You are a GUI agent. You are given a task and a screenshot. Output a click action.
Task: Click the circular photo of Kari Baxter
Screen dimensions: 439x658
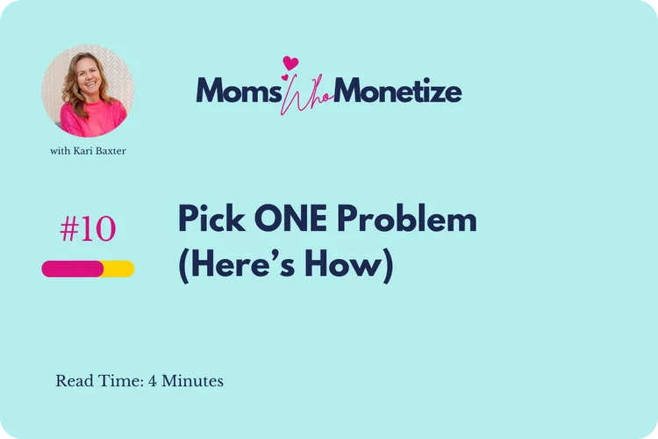(88, 91)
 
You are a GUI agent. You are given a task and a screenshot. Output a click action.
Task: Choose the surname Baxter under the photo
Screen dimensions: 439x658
(115, 151)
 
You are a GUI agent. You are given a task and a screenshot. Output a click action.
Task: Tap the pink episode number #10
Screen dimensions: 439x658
(88, 229)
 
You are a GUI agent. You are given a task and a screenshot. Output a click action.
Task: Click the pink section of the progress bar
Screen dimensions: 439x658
(72, 269)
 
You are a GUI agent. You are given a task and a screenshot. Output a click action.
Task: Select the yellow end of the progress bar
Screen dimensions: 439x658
(120, 269)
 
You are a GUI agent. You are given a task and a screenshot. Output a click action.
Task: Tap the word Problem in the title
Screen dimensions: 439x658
(411, 219)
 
